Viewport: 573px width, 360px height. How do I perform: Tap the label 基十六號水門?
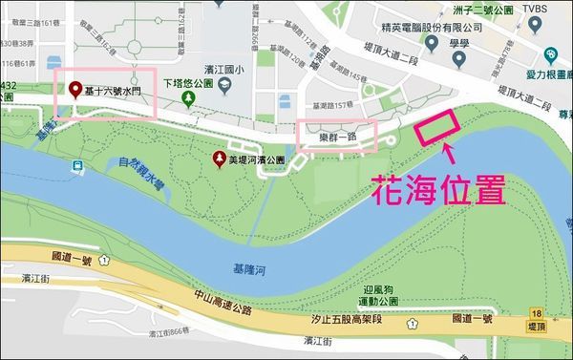click(112, 91)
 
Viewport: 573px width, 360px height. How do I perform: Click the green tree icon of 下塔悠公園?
click(189, 97)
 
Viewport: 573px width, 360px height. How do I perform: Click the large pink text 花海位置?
click(437, 189)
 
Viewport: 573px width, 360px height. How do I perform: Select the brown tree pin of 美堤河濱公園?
click(220, 159)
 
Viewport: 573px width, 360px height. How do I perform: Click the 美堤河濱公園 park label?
click(258, 159)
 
